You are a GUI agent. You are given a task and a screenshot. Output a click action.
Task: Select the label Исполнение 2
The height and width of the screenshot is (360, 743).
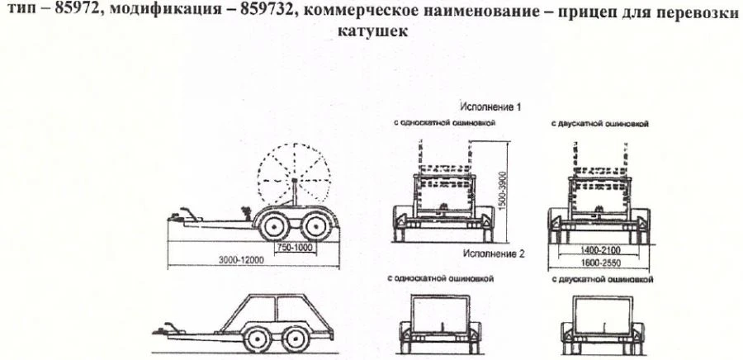(493, 255)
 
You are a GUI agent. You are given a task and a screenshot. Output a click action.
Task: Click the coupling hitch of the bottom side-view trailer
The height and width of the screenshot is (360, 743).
(165, 329)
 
